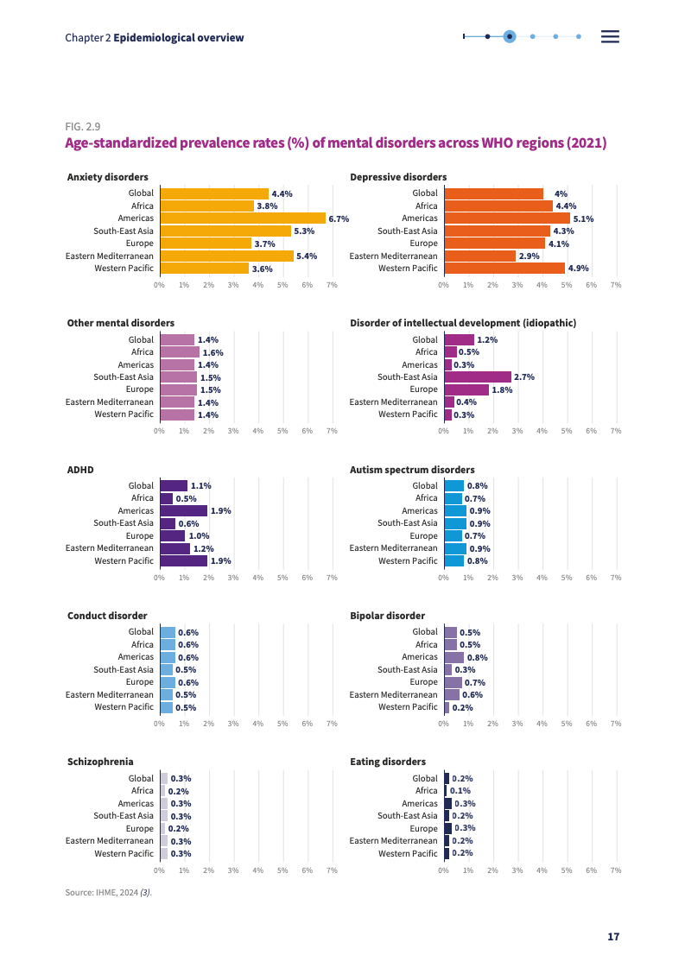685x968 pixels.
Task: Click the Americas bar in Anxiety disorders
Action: point(243,218)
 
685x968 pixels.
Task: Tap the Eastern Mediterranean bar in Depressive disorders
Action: point(479,256)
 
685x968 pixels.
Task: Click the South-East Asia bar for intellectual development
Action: point(478,376)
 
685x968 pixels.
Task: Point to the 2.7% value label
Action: point(524,377)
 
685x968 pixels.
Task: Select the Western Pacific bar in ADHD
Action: point(184,560)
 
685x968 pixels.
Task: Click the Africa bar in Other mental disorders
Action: point(180,352)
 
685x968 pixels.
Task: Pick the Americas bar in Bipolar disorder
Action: point(453,657)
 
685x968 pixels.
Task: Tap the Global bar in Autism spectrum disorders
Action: point(453,485)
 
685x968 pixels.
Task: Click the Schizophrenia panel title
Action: point(100,762)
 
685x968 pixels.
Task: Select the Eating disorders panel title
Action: point(388,762)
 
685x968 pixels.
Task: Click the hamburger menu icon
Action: point(611,36)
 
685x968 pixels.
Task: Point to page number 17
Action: point(613,937)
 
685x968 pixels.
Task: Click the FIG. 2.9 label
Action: point(83,127)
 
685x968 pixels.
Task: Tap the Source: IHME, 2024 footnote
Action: point(109,892)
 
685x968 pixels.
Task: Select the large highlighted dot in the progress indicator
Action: point(510,36)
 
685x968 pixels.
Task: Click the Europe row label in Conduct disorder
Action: point(139,682)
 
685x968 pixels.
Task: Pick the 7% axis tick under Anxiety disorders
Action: point(332,284)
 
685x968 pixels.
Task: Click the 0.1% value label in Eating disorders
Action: point(460,791)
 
